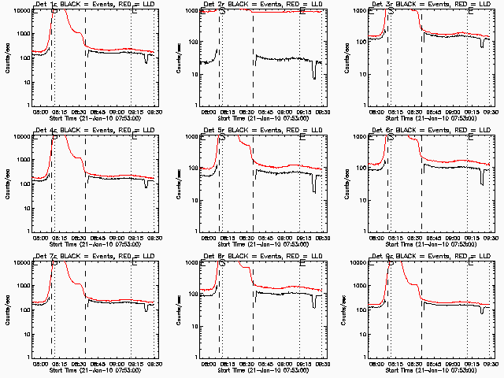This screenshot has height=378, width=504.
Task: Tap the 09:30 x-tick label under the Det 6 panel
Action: tap(491, 237)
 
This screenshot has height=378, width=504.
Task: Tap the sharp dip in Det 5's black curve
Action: tap(315, 187)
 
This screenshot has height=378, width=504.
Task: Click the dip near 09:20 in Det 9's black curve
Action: tap(483, 311)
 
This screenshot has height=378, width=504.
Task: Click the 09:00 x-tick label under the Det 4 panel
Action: tap(118, 237)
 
